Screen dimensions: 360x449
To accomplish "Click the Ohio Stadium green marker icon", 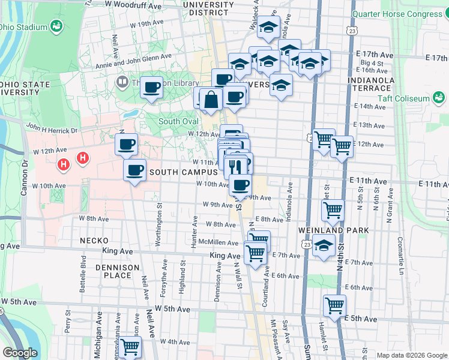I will (56, 26).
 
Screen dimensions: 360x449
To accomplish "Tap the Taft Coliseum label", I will (403, 98).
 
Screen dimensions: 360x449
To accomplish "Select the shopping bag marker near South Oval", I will (211, 100).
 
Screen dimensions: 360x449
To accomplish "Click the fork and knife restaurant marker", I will (235, 167).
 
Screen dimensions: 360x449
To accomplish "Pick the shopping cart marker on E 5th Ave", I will (334, 305).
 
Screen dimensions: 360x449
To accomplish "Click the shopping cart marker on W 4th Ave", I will (130, 347).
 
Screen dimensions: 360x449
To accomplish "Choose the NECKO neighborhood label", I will (93, 241).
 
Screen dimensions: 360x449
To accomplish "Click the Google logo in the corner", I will (20, 353).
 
